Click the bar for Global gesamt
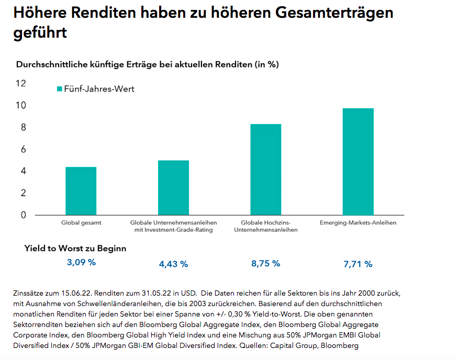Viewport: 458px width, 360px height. click(x=81, y=191)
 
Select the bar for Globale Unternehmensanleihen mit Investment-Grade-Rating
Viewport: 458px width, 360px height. click(x=173, y=187)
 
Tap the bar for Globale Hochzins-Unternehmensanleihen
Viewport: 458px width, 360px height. click(x=265, y=170)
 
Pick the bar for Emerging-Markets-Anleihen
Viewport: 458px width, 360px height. click(x=358, y=162)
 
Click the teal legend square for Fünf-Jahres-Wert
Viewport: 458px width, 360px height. click(x=60, y=89)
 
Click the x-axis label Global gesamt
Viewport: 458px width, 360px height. click(x=81, y=223)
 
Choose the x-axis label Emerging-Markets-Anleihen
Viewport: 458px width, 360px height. click(x=358, y=223)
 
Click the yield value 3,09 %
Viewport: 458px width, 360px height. click(x=81, y=263)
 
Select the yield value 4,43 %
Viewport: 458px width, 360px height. click(x=173, y=264)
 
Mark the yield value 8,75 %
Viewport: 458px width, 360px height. click(x=265, y=264)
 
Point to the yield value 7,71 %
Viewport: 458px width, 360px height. click(x=358, y=264)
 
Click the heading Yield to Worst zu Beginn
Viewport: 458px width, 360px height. click(x=75, y=249)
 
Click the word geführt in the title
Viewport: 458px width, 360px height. click(x=40, y=32)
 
